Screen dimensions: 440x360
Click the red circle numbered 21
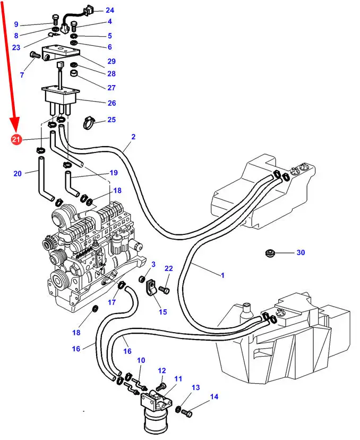16,140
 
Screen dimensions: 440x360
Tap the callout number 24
109,10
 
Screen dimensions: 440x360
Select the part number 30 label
301,252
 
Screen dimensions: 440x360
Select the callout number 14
214,396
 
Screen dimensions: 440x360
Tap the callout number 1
222,275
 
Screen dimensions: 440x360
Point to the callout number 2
133,137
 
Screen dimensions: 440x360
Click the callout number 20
18,173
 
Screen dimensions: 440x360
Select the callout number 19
114,172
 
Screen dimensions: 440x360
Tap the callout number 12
162,370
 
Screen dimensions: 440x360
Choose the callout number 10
141,360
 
